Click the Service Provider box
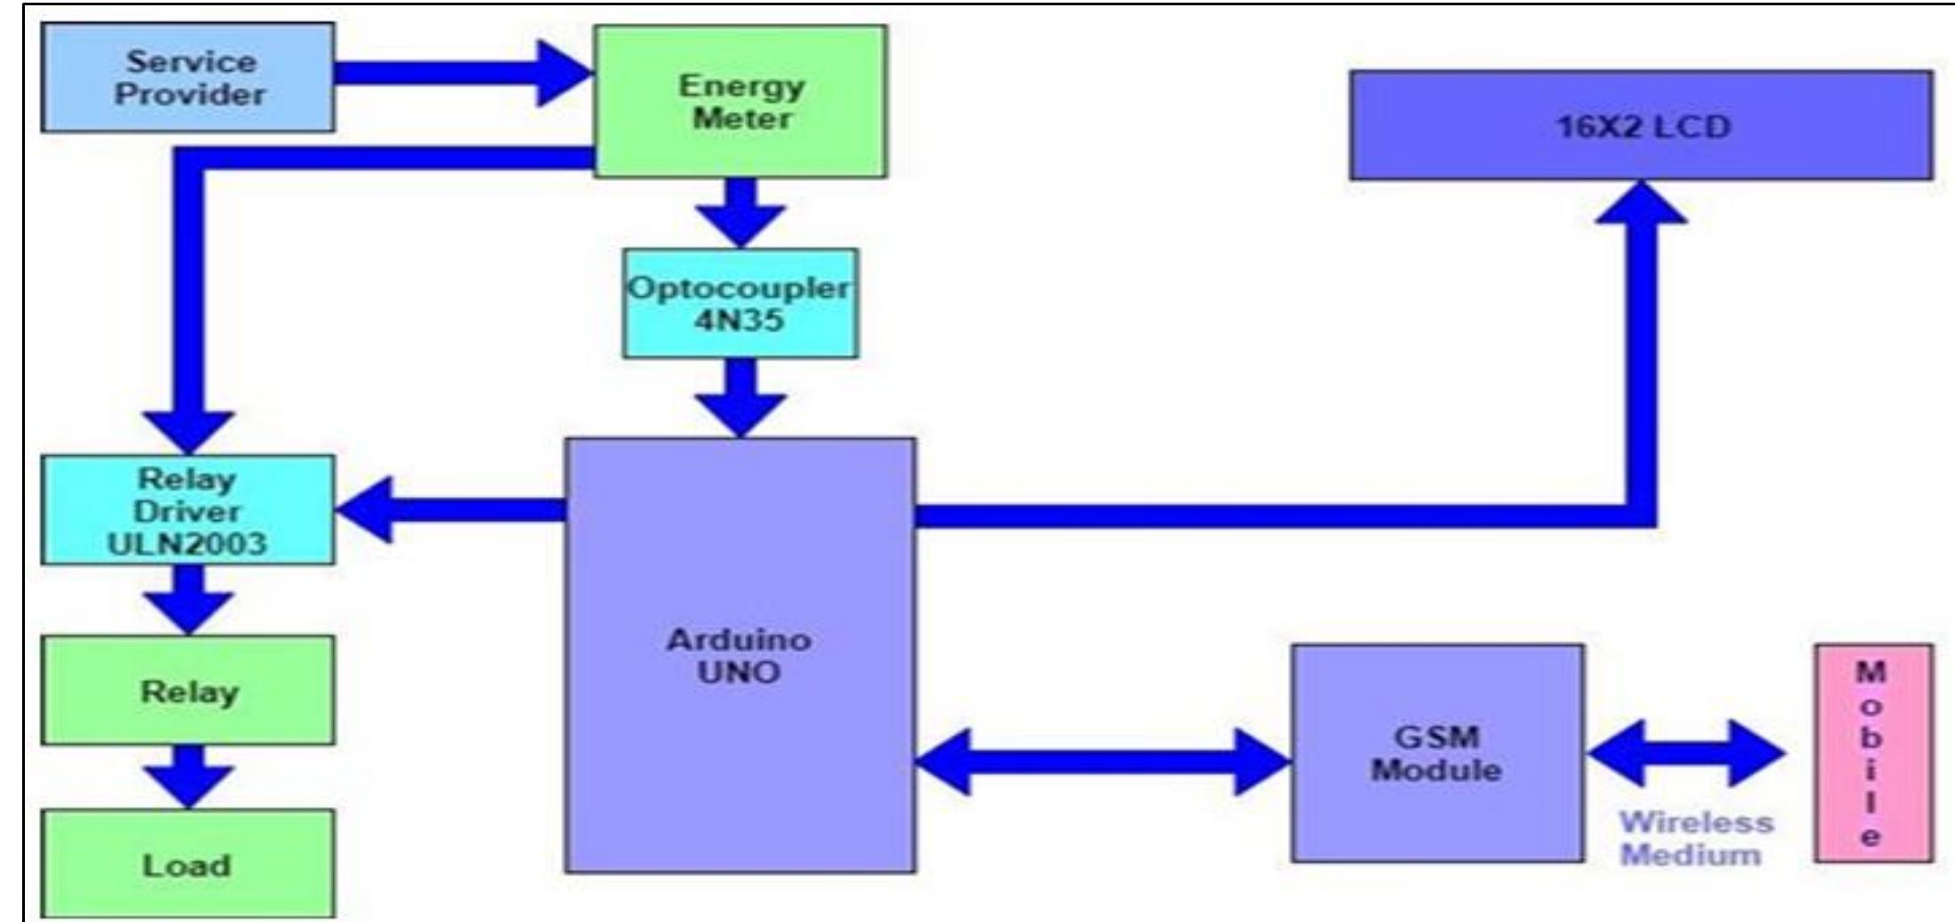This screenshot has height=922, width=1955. coord(187,78)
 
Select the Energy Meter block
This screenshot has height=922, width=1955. coord(740,101)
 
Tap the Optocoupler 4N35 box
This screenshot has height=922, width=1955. coord(740,303)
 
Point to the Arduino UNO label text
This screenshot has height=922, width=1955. coord(739,656)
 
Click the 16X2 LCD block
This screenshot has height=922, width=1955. coord(1641,126)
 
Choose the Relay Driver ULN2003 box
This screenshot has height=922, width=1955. coord(187,510)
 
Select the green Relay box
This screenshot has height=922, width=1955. coord(187,690)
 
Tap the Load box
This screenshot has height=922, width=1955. coord(187,863)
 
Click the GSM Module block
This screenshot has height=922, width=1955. coord(1436,753)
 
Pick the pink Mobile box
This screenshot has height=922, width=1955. coord(1872,753)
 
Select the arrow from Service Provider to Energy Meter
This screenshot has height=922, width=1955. coord(462,73)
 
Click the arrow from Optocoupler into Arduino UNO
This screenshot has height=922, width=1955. coord(740,398)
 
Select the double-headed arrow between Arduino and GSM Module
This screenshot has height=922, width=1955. coord(1101,761)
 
